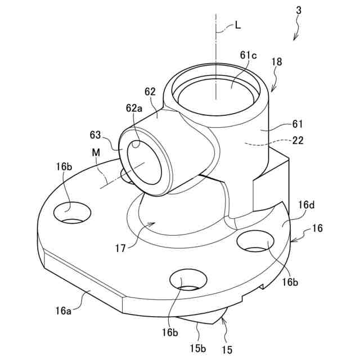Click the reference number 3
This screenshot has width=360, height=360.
tap(299, 11)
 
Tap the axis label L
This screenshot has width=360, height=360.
tap(238, 25)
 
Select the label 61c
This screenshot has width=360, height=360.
tap(247, 56)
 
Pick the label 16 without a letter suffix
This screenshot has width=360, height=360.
tap(318, 229)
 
